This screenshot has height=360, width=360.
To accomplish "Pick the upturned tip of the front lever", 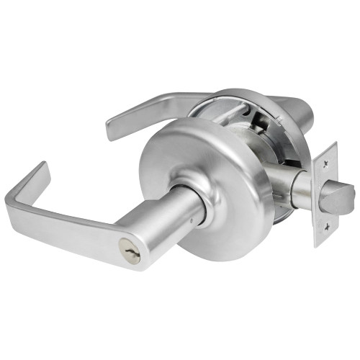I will [x=37, y=174].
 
